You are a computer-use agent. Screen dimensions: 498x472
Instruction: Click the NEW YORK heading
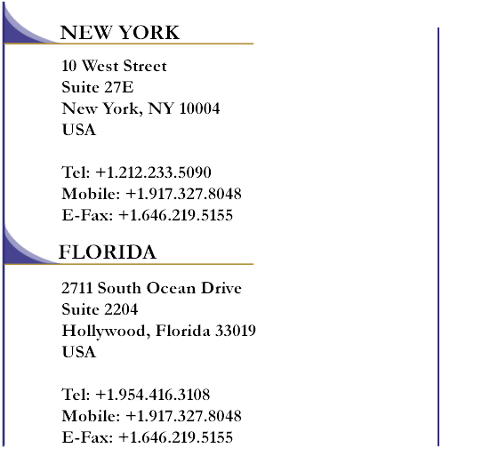coord(120,32)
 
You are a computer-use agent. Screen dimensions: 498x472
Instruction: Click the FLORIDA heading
coord(108,252)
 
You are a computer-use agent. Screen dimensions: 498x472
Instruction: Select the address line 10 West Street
coord(114,66)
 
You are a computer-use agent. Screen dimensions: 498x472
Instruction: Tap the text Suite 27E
coord(98,87)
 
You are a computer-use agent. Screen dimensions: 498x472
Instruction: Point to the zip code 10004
coord(199,108)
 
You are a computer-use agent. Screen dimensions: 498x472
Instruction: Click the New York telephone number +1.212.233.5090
coord(153,172)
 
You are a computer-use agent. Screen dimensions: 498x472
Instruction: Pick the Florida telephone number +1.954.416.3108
coord(152,395)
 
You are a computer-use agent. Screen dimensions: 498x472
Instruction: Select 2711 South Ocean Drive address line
coord(151,288)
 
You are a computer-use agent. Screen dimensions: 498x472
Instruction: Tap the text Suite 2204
coord(100,309)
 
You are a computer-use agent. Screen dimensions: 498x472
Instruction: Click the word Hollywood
coord(104,331)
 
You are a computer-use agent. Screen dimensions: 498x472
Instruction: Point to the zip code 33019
coord(236,331)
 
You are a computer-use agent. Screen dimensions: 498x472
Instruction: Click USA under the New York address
coord(79,130)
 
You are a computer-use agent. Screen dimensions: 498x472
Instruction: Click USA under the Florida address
coord(79,352)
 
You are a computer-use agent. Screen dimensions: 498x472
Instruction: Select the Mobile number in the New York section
coord(183,193)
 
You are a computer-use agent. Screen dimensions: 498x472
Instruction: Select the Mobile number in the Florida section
coord(183,415)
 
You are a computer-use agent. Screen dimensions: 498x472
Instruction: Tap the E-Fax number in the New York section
coord(176,215)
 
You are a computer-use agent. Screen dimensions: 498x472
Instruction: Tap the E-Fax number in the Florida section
coord(176,437)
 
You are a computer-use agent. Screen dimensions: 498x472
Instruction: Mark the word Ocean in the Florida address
coord(171,288)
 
